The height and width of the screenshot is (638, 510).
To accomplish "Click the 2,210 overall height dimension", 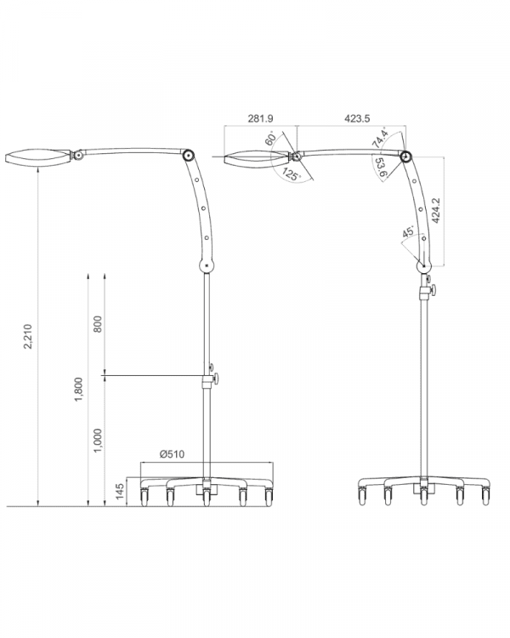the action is pos(28,337).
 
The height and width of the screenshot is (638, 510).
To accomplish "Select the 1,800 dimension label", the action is pos(78,390).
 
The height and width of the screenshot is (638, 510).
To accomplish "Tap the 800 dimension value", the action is pos(98,324).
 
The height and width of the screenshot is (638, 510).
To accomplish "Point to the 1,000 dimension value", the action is pos(98,441).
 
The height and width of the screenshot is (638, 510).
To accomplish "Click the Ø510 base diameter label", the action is pos(172,453).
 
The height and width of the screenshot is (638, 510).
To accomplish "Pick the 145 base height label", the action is pos(120,492).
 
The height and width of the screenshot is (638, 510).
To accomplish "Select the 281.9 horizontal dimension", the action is pos(260,118).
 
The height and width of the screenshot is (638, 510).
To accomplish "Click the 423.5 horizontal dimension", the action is pos(357,118).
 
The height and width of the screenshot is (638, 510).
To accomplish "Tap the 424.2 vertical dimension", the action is pos(436,211).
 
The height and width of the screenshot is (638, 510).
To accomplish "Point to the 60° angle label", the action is pos(271,138).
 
